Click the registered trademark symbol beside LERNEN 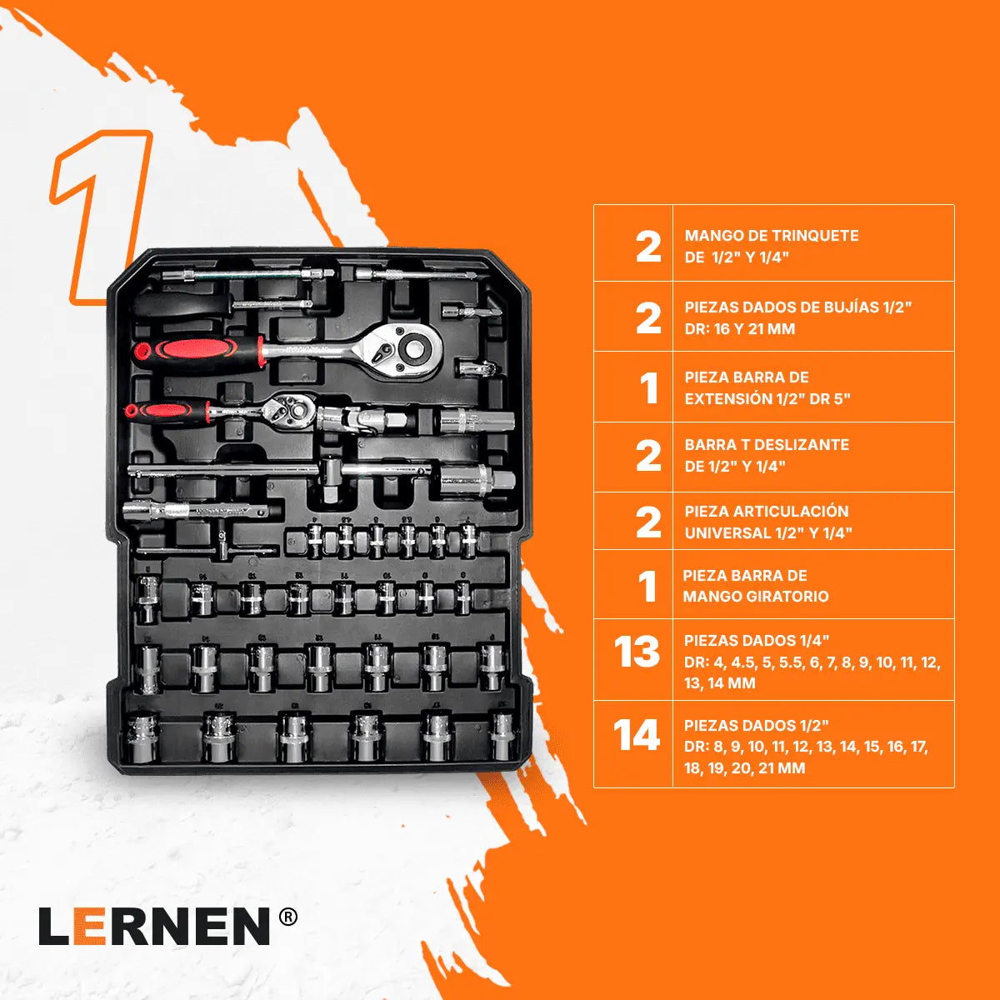pyautogui.click(x=287, y=917)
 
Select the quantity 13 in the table pyautogui.click(x=637, y=652)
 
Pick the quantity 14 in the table pyautogui.click(x=637, y=737)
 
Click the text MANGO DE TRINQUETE pyautogui.click(x=771, y=236)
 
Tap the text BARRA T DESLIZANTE pyautogui.click(x=767, y=445)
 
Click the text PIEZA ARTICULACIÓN pyautogui.click(x=767, y=512)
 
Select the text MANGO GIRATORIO pyautogui.click(x=756, y=597)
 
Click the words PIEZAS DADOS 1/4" pyautogui.click(x=757, y=641)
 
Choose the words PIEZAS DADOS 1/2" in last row pyautogui.click(x=757, y=726)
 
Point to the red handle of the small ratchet pyautogui.click(x=162, y=410)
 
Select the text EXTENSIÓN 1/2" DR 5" pyautogui.click(x=767, y=399)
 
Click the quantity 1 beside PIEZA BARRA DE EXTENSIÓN pyautogui.click(x=648, y=388)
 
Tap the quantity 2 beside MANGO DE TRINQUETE pyautogui.click(x=648, y=247)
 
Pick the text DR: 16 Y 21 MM pyautogui.click(x=740, y=329)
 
